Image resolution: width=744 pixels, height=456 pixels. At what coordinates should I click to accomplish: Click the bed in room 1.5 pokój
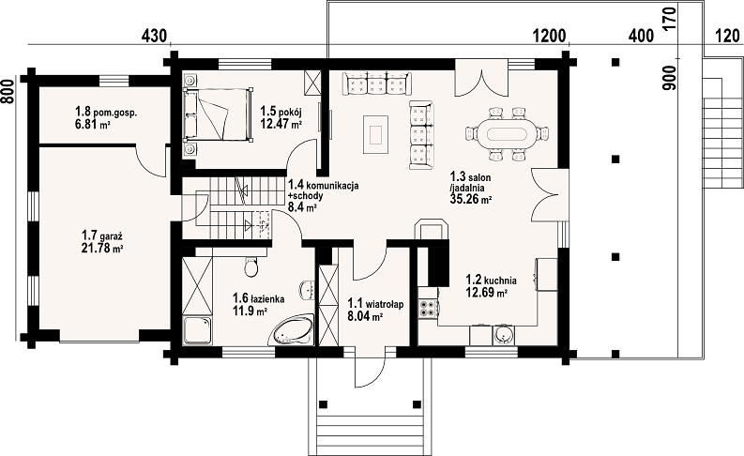coord(218,114)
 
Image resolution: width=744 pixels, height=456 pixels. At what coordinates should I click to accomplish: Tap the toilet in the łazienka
coord(251,266)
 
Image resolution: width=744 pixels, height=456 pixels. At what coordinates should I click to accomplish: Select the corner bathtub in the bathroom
coord(292,330)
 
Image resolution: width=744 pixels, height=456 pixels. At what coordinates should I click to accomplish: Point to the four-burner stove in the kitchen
coord(428,309)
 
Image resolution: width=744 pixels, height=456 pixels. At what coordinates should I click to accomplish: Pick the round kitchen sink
coord(503,335)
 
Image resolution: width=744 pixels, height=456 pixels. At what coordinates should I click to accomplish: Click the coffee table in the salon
coord(376,134)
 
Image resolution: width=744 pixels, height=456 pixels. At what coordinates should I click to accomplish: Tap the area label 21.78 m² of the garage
coord(103,247)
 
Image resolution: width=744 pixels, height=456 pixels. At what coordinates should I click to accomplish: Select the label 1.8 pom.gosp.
coord(106,113)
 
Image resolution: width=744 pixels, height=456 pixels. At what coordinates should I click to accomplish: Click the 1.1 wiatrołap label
coord(376,304)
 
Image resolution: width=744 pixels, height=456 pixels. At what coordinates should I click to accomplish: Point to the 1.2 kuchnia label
coord(491,280)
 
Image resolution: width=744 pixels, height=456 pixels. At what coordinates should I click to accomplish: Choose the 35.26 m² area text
coord(470,199)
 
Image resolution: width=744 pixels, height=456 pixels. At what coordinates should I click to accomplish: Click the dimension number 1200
coord(550,36)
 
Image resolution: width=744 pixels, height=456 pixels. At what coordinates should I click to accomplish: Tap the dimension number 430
coord(154,36)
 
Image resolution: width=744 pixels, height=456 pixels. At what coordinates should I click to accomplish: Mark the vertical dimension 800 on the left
coord(7,91)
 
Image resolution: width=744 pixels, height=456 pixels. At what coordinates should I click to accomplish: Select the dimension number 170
coord(669,18)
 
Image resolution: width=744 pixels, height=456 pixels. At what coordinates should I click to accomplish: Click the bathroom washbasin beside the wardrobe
coord(307,290)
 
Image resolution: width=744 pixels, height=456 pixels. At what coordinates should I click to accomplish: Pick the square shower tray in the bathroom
coord(197,329)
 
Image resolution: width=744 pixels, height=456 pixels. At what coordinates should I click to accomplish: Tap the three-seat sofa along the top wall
coord(377,84)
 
